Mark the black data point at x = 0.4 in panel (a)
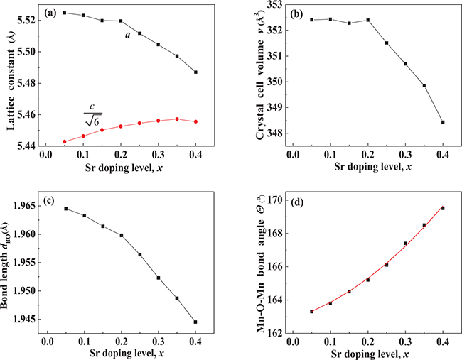(195, 72)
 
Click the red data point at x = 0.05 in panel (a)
(65, 142)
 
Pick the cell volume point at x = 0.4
(443, 122)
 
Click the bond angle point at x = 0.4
(443, 208)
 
